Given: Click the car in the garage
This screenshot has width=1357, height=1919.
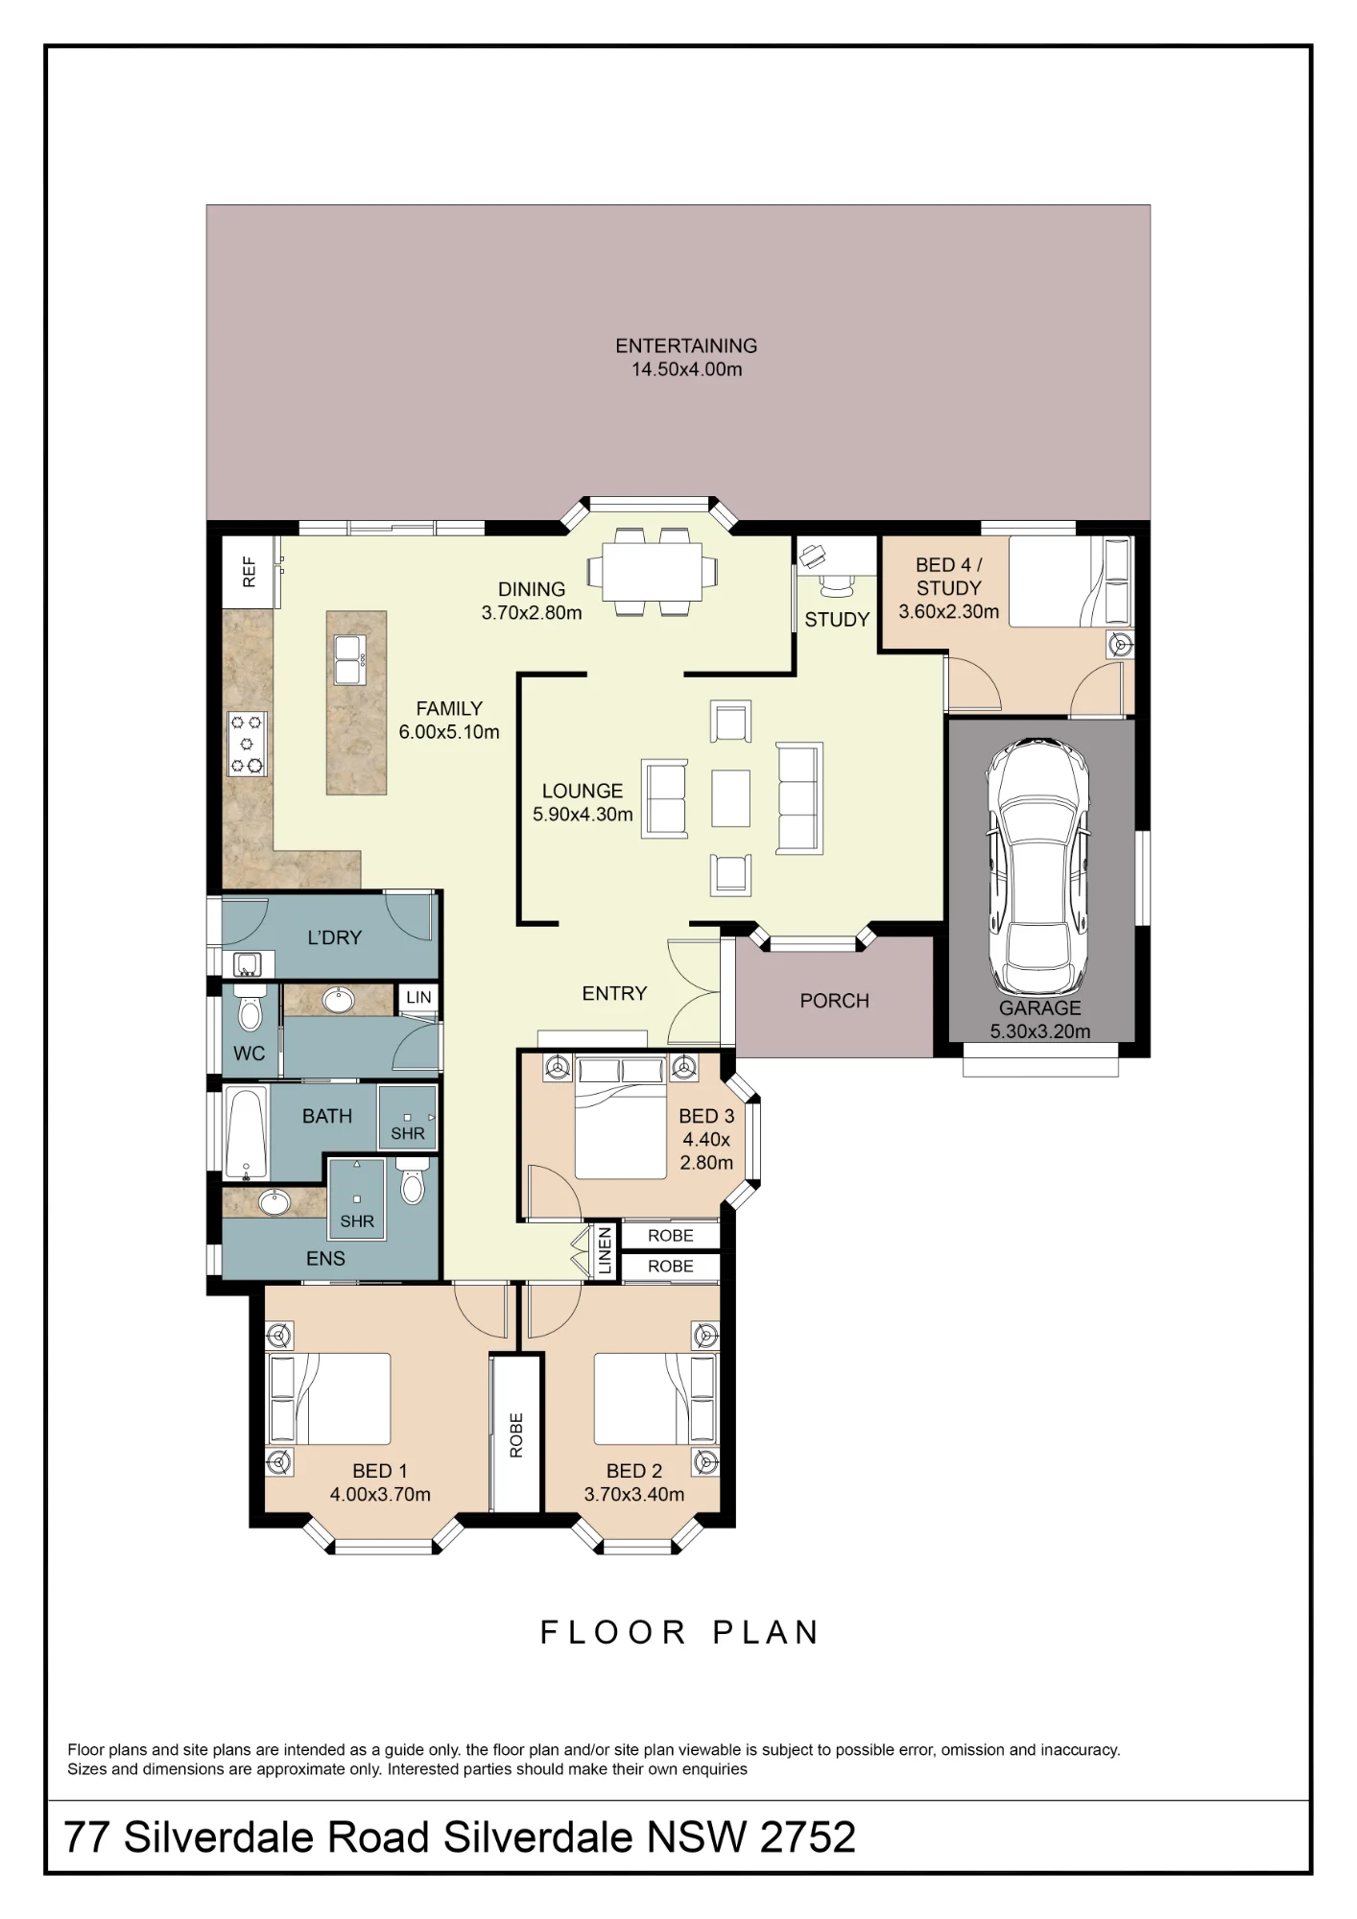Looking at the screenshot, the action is coord(1040,867).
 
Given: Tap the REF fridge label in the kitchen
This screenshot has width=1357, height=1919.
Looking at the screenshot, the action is coord(250,572).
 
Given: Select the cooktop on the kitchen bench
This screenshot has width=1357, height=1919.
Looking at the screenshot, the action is coord(246,744).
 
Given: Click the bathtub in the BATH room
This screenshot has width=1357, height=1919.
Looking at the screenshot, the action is coord(247,1132).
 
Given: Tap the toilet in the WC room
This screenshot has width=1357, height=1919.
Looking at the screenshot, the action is coord(250,1008).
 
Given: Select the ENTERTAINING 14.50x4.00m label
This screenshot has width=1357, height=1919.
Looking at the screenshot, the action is coord(686,357).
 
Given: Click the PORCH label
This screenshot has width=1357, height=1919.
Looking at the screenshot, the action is coord(834,1001).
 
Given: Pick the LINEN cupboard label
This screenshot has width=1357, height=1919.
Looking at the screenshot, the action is coord(605,1251).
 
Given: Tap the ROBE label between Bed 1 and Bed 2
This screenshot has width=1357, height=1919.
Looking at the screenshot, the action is coord(516,1435).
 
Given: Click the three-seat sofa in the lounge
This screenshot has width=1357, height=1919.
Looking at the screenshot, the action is coord(799,797).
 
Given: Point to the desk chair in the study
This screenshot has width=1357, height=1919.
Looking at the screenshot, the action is coord(836,580).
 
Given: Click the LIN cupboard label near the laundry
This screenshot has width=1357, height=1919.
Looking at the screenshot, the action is coord(418,997).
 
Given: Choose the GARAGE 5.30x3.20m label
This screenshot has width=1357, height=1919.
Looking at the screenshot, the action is coord(1040,1020).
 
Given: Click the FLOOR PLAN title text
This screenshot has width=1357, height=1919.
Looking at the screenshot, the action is coord(679,1632).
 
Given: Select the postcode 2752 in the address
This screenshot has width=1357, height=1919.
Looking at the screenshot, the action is coord(807,1836).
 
